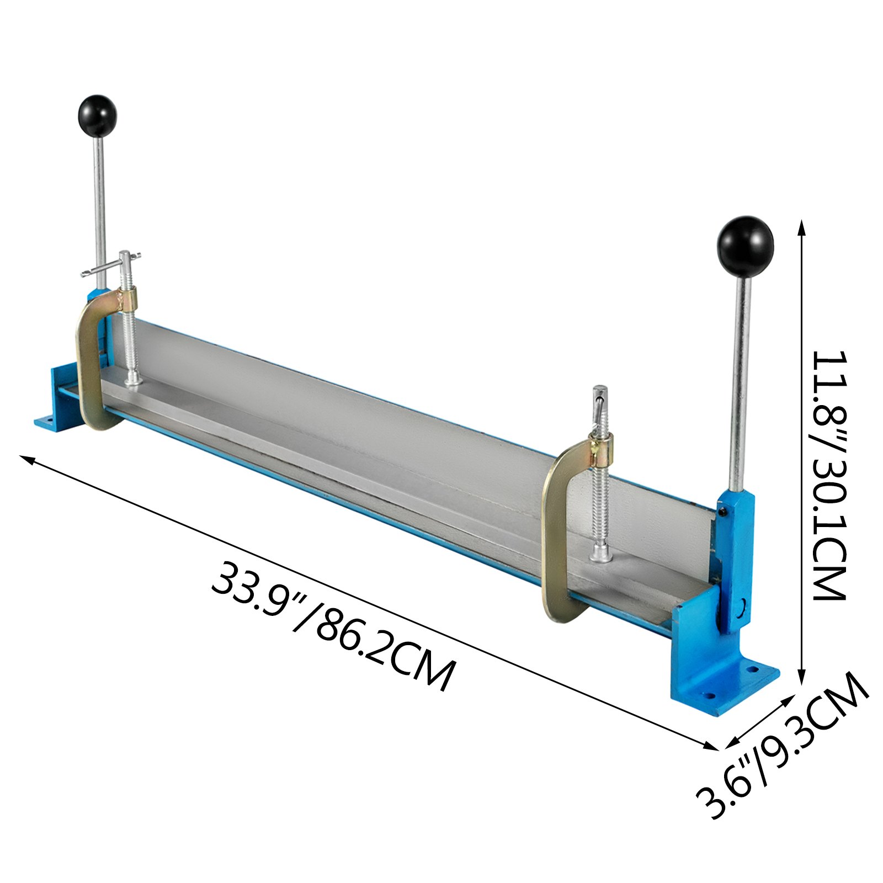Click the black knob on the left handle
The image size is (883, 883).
97,115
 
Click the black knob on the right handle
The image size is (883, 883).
745,246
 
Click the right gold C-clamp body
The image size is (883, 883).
555,530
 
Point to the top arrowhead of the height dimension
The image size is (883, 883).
802,223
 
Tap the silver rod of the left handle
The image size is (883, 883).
99,210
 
